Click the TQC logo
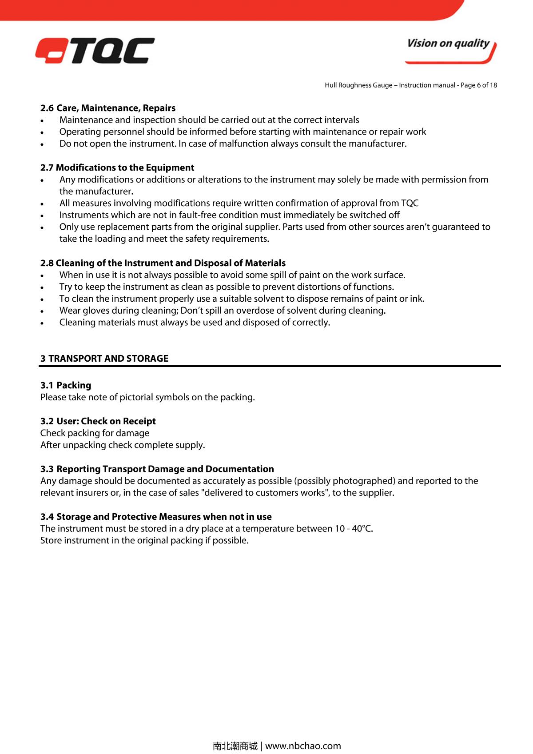[x=95, y=51]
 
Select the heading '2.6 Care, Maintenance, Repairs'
[x=108, y=108]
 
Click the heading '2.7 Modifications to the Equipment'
[x=117, y=168]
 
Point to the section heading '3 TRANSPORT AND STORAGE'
[x=104, y=359]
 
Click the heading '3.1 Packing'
[x=66, y=385]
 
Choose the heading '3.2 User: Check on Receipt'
[x=98, y=421]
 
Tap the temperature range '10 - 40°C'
[x=354, y=529]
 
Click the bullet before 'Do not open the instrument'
[x=42, y=144]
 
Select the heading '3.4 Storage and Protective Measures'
[x=156, y=517]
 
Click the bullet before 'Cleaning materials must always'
[x=42, y=323]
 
